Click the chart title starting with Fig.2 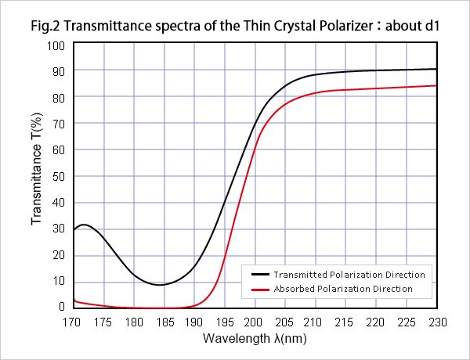[x=235, y=25]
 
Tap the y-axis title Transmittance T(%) [x=37, y=177]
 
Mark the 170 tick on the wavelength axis [x=74, y=321]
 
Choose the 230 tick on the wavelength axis [x=436, y=321]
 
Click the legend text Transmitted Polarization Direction [x=349, y=275]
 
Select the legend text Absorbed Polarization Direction [x=343, y=289]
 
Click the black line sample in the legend [x=260, y=275]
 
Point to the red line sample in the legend [x=260, y=289]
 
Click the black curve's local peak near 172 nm [x=85, y=225]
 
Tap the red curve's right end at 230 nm [x=436, y=85]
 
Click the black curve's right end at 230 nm [x=436, y=69]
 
